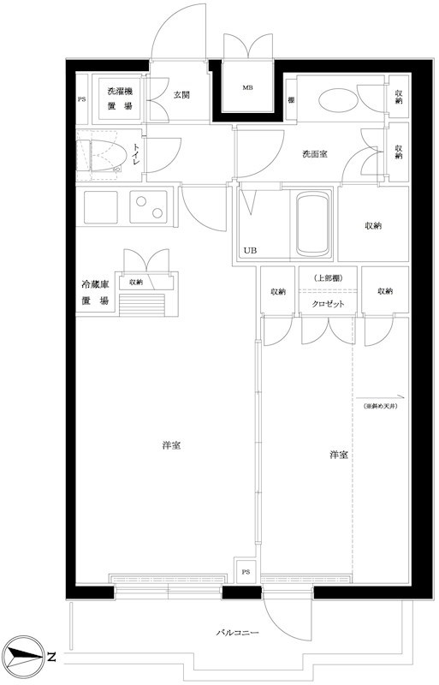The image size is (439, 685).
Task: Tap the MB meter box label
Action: [247, 88]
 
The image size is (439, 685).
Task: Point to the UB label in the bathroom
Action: [249, 250]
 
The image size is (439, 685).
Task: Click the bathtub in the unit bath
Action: [313, 223]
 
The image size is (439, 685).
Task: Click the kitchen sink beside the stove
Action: [100, 206]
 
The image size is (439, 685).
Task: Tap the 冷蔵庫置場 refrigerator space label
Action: [95, 293]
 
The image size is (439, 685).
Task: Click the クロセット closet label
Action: [327, 304]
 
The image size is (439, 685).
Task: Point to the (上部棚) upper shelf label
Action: [327, 277]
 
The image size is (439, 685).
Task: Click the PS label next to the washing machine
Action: [82, 98]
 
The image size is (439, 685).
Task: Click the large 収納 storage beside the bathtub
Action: [372, 225]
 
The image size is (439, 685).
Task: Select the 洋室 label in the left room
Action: [171, 446]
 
